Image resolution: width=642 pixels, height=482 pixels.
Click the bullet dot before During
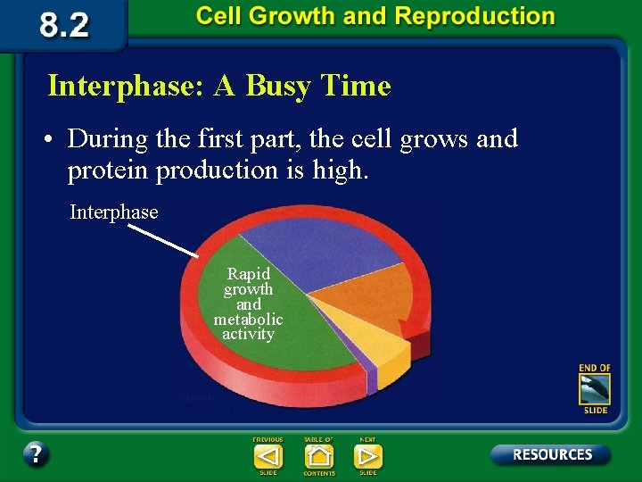coord(54,141)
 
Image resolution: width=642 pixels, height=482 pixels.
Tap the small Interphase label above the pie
coord(114,212)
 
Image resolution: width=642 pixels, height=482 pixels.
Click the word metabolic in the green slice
coord(248,319)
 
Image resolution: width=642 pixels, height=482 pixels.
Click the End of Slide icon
coord(594,389)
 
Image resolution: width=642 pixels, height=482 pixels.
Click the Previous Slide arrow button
coord(267,456)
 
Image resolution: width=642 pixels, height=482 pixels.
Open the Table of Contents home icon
coord(318,456)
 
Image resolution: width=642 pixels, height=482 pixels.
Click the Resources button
coord(551,454)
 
